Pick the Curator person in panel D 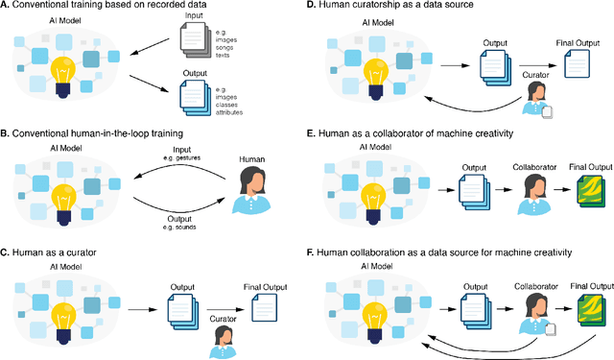coord(537,97)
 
